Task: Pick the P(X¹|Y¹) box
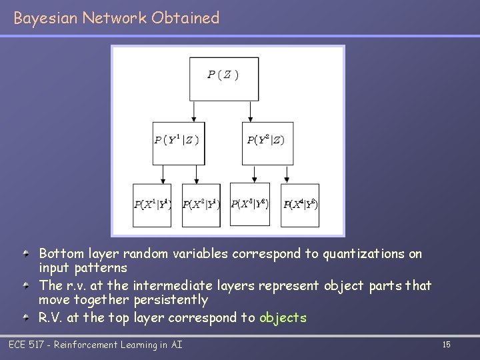pyautogui.click(x=153, y=204)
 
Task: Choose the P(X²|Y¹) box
pyautogui.click(x=201, y=204)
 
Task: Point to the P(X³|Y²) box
pyautogui.click(x=250, y=204)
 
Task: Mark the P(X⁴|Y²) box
pyautogui.click(x=299, y=204)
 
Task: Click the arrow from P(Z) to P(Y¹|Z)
pyautogui.click(x=194, y=111)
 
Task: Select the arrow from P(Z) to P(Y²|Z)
pyautogui.click(x=250, y=111)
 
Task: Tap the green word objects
pyautogui.click(x=283, y=317)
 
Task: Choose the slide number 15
pyautogui.click(x=446, y=344)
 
